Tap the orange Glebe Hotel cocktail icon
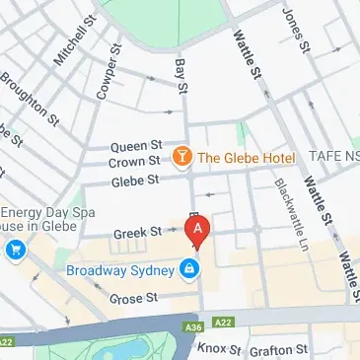tap(181, 157)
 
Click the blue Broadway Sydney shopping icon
tap(187, 267)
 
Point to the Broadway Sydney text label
tap(121, 269)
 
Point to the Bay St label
tap(180, 75)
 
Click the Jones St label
tap(293, 29)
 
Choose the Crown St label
tap(133, 161)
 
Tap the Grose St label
tap(133, 297)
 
